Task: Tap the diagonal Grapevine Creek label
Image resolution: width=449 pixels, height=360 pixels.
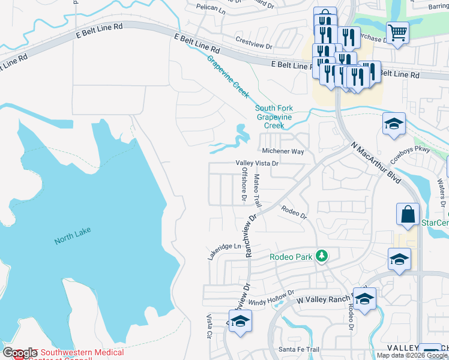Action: (228, 77)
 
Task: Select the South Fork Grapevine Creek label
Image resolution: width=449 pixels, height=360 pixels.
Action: (274, 117)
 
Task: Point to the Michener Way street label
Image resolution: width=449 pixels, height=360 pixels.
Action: (283, 152)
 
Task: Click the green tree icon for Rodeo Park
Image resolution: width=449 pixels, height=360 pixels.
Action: (322, 256)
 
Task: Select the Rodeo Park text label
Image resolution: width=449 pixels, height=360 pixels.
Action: (291, 257)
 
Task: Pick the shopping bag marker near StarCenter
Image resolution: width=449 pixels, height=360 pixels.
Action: (408, 215)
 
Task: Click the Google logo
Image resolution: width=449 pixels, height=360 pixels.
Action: (20, 353)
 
